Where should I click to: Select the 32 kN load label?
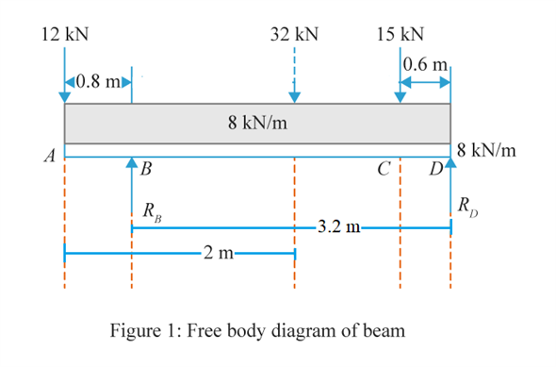tap(294, 35)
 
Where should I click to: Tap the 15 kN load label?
tap(400, 35)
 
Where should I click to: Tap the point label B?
tap(145, 170)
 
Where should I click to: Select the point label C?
tap(384, 170)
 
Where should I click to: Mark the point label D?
tap(435, 170)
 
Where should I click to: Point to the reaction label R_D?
tap(466, 205)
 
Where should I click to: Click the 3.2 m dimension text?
tap(337, 227)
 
